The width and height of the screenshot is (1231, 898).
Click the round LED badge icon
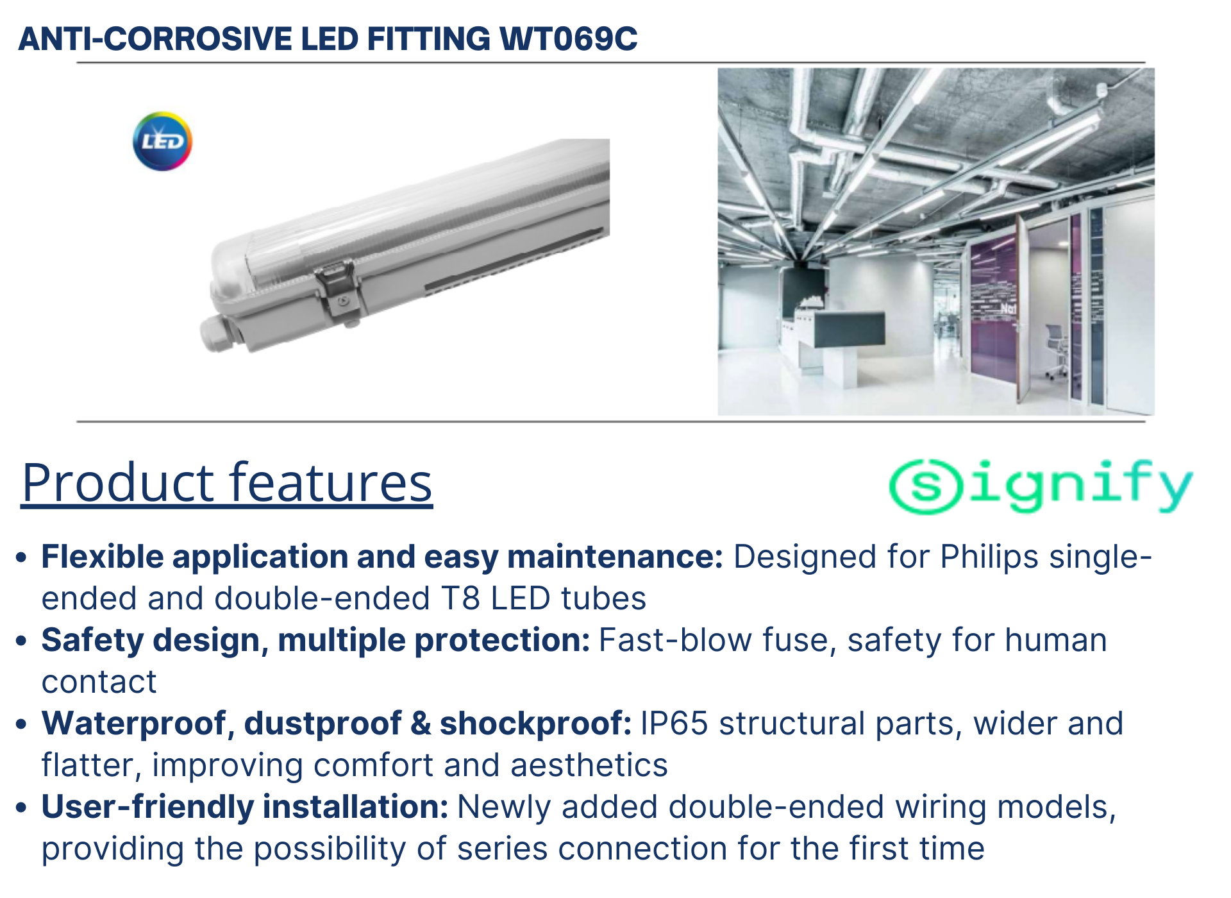point(162,141)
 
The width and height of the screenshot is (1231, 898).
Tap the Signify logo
point(1041,486)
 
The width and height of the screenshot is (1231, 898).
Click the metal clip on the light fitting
point(339,291)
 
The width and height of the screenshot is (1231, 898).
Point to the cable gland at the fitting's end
point(219,334)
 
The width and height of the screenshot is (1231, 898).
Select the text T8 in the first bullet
point(460,598)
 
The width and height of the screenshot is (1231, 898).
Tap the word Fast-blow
point(674,640)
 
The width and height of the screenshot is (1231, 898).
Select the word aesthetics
point(589,765)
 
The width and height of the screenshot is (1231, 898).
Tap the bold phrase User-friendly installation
point(245,807)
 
